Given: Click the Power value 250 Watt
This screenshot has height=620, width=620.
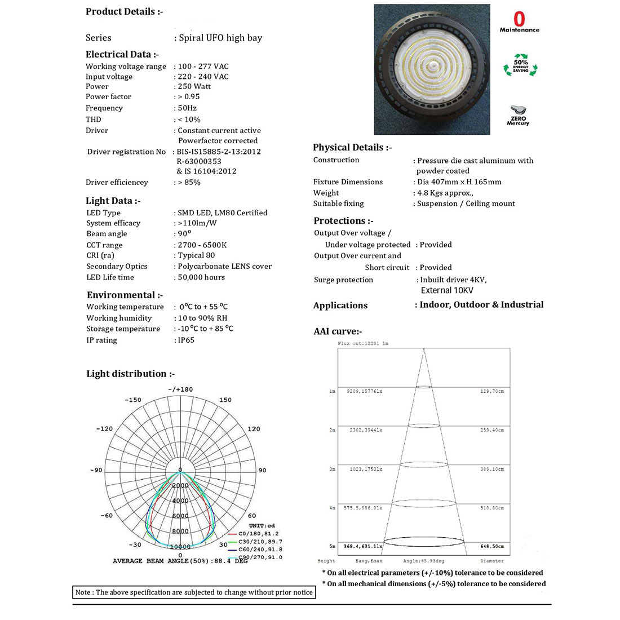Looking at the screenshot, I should pos(194,86).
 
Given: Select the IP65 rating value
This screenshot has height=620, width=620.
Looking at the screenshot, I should pos(186,340).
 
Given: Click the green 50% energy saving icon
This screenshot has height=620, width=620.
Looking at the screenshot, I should pos(520,67).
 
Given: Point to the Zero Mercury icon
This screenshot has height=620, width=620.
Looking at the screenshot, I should pos(518,115).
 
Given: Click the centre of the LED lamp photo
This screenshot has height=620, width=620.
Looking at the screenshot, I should pos(432,70).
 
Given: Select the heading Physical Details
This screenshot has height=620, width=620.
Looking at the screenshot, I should pos(352,147).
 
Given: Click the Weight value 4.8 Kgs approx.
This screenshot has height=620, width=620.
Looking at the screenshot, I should pos(445,193).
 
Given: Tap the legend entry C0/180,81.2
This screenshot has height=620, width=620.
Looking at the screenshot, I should pos(258,533).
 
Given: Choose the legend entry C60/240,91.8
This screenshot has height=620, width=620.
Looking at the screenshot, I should pos(260,549).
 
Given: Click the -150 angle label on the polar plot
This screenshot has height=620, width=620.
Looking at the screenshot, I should pos(133,400).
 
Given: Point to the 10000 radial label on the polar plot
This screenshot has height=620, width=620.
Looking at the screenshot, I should pos(180,546).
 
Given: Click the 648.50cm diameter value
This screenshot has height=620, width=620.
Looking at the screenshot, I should pos(492,546).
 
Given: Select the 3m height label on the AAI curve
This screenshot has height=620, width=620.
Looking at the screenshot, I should pos(332,469).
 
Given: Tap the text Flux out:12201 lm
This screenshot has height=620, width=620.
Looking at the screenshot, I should pos(363,343).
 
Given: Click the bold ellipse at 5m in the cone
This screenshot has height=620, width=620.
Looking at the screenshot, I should pos(424,542).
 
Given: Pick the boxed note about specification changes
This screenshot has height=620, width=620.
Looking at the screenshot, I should pos(194,592).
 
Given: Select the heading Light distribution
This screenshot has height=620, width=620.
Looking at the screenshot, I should pos(130,374).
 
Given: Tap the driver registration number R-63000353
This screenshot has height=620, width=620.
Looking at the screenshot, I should pos(199,161).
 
